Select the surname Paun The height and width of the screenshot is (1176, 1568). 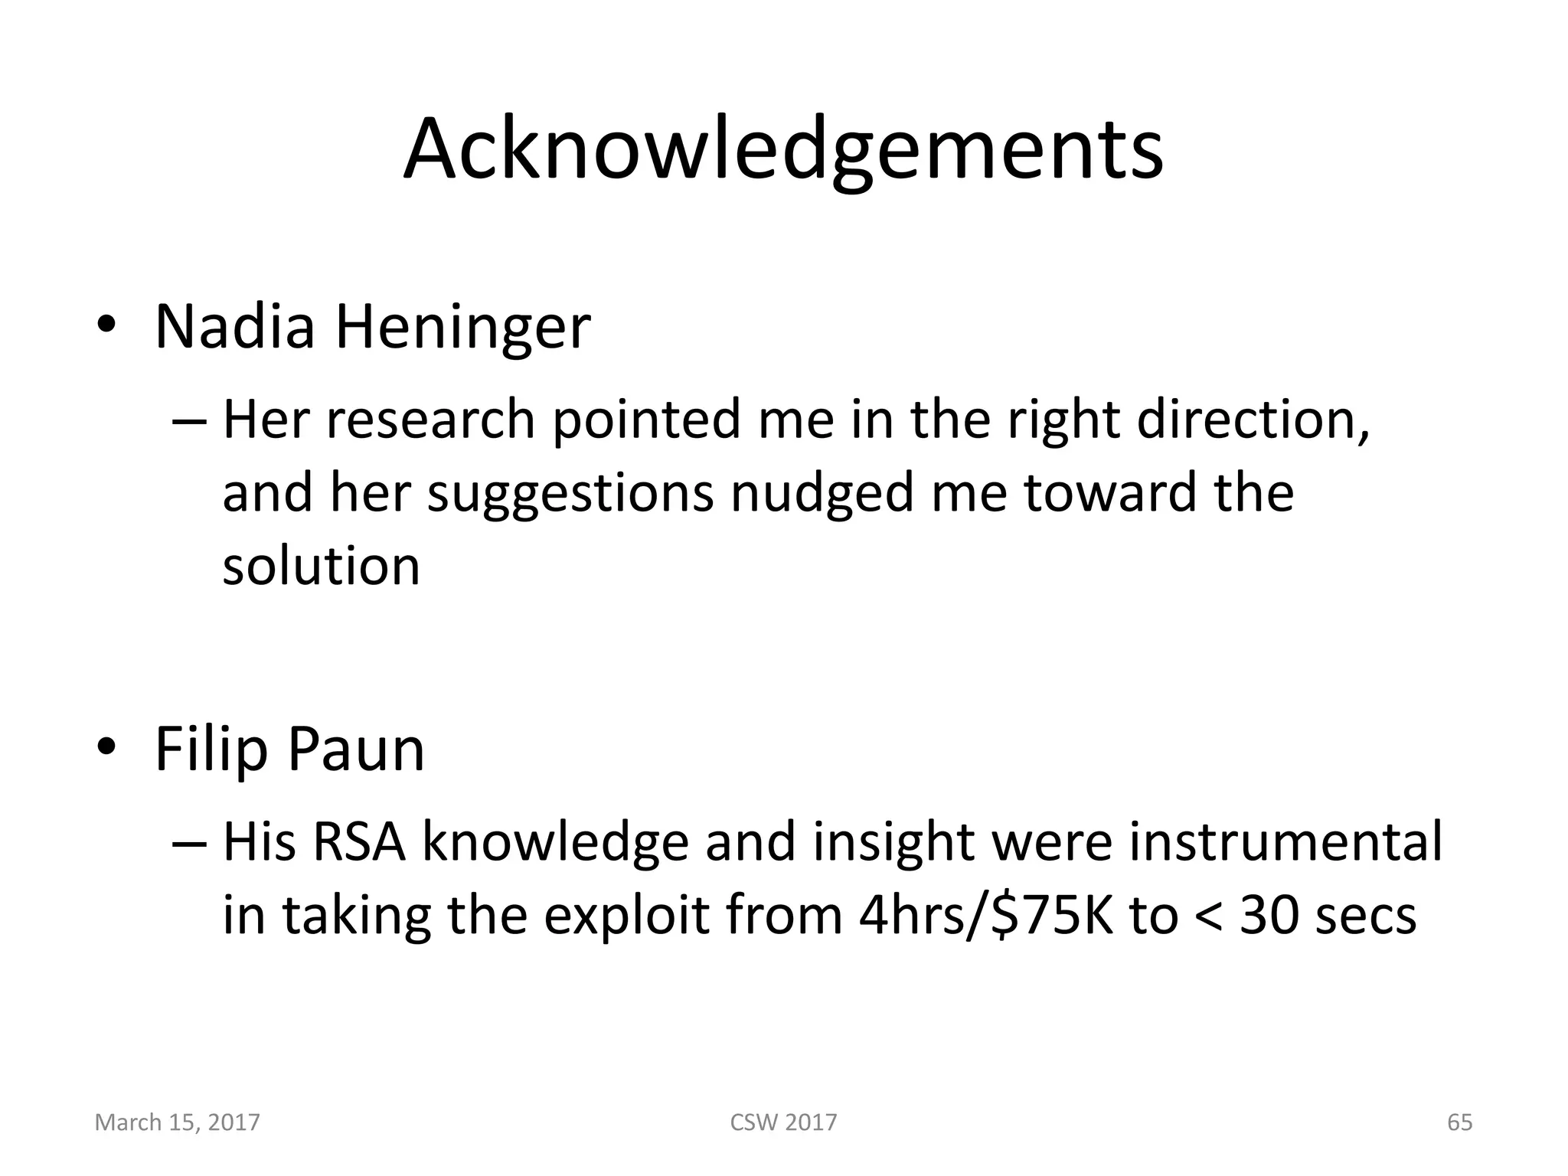pos(356,750)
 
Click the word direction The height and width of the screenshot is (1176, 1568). pos(1253,420)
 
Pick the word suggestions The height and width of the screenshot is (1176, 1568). pos(570,494)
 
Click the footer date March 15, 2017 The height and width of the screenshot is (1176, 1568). pos(178,1122)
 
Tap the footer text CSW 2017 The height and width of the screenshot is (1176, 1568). pos(783,1122)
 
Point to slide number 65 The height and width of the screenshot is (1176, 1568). pos(1459,1122)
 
